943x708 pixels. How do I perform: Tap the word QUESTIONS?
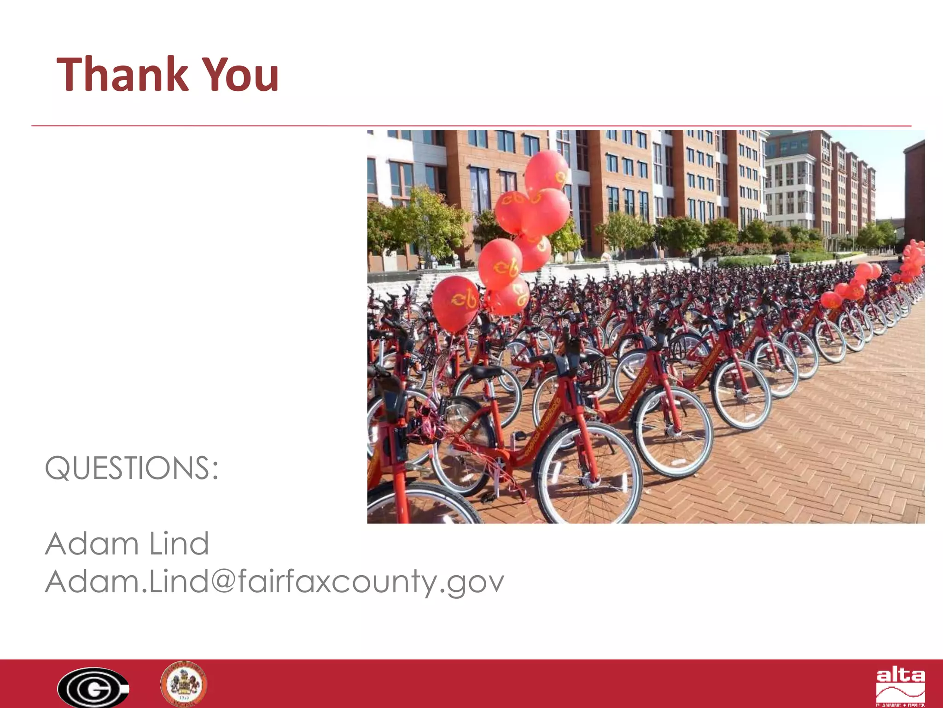point(132,468)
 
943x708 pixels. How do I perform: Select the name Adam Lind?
point(127,543)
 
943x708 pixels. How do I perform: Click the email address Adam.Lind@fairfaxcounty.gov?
point(274,582)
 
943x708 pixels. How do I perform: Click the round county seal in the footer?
point(184,684)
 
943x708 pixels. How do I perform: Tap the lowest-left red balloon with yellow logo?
point(455,303)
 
